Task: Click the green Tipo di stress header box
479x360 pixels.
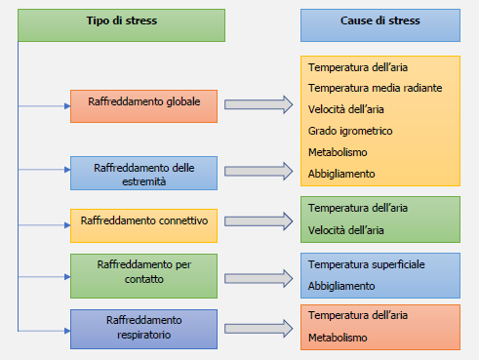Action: (122, 25)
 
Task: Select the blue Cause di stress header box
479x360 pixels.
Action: (379, 25)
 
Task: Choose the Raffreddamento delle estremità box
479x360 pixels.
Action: (143, 174)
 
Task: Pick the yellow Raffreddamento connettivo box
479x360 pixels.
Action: (143, 224)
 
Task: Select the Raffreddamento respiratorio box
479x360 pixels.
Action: (143, 326)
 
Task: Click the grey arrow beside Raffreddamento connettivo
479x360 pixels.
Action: (259, 222)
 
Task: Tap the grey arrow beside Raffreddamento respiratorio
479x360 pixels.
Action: (259, 327)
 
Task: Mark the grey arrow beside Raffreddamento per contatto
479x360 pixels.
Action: (259, 274)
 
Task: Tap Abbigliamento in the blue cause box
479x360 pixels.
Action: (341, 286)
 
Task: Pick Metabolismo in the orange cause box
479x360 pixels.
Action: (338, 338)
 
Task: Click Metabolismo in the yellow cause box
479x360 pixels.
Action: (338, 152)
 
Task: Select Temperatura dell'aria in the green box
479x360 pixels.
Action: (358, 208)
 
